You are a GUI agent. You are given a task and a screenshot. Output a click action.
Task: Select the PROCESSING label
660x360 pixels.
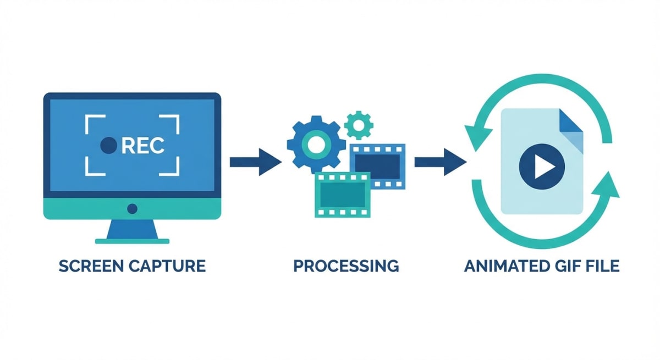tap(346, 267)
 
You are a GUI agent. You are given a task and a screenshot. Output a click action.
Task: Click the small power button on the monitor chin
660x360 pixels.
tap(132, 209)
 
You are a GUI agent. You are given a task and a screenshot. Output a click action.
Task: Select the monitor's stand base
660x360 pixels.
tap(132, 240)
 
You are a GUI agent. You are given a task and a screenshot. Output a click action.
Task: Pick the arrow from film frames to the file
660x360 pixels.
tap(439, 162)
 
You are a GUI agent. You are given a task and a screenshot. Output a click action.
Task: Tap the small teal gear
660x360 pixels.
tap(359, 125)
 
